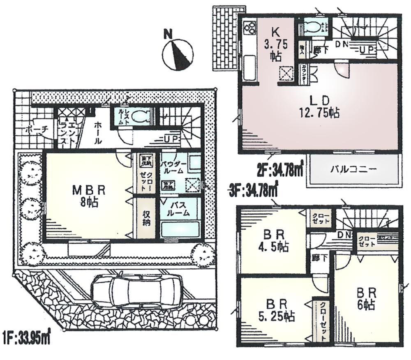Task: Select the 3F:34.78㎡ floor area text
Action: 253,190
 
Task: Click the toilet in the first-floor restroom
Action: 143,116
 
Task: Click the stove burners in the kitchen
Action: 250,28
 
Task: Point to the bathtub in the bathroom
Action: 180,229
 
